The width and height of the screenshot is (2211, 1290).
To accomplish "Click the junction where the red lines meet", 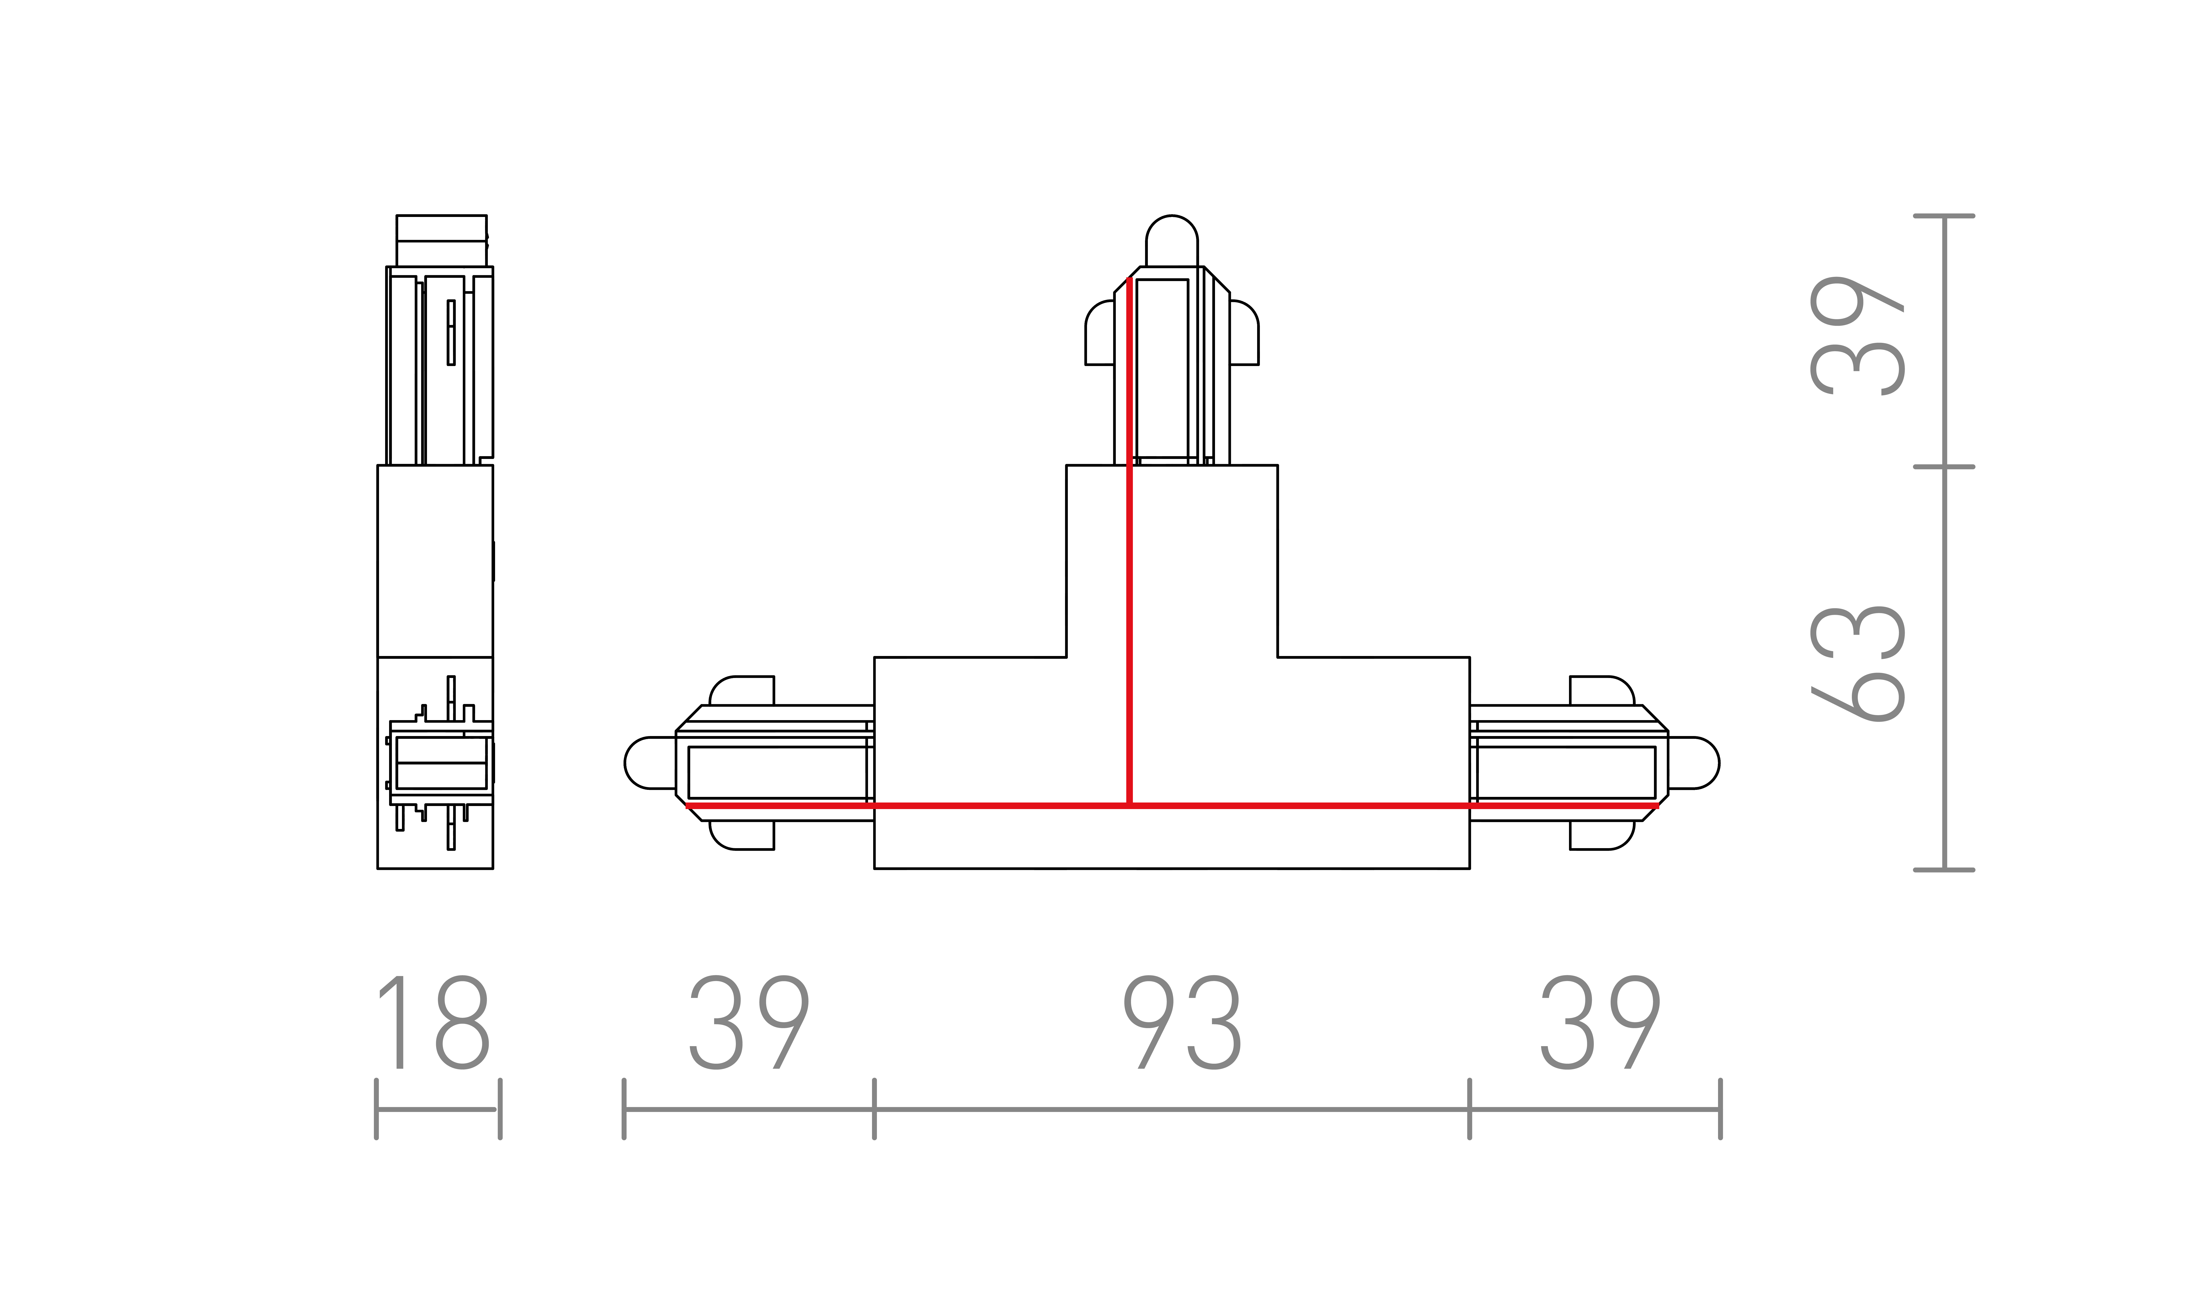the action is coord(1130,805).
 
